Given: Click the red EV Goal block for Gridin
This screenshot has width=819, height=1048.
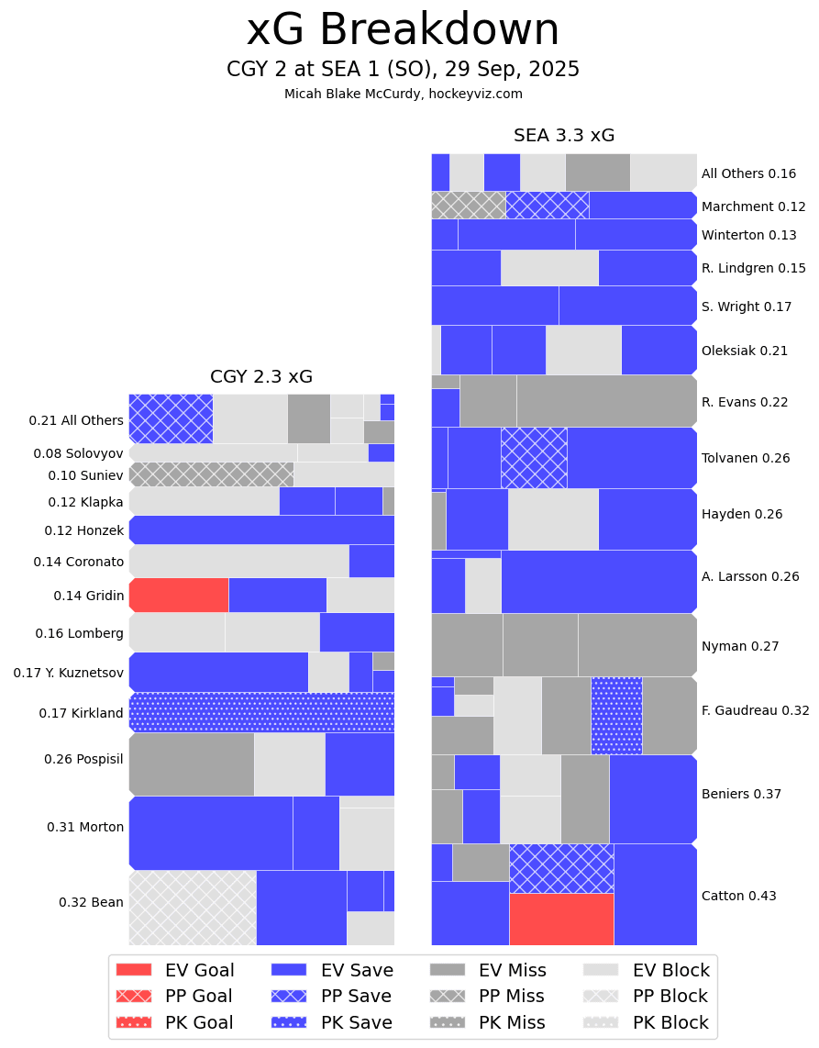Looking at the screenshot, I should click(x=179, y=595).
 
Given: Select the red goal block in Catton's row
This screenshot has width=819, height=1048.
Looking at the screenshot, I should click(x=561, y=919).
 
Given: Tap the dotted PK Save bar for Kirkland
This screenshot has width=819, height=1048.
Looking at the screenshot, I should click(x=261, y=712).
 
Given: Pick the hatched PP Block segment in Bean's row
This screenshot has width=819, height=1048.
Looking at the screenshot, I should click(x=193, y=908).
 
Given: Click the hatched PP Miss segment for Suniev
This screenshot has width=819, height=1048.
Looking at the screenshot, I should click(x=211, y=474).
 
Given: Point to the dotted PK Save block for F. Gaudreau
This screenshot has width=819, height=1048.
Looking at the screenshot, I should click(x=616, y=715).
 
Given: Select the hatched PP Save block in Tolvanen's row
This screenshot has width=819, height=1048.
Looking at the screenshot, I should click(x=534, y=457).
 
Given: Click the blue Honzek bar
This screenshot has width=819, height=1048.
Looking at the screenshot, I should click(x=261, y=530).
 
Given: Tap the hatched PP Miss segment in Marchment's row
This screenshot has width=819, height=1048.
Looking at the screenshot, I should click(x=468, y=205).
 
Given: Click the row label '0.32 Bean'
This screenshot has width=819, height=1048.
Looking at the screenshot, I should click(x=91, y=902).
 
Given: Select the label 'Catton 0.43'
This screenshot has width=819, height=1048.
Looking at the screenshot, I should click(x=738, y=896).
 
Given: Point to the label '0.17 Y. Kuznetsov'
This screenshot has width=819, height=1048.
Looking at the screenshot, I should click(x=68, y=673).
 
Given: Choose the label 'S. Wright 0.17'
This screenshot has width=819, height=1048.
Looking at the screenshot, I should click(x=746, y=307).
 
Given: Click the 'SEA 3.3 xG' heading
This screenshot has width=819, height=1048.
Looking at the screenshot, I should click(x=564, y=136).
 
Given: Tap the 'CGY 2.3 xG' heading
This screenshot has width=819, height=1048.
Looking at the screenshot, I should click(x=261, y=376).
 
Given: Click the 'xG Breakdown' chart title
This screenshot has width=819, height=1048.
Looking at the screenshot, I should click(x=403, y=30).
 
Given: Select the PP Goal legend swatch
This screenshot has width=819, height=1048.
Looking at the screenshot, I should click(x=134, y=996).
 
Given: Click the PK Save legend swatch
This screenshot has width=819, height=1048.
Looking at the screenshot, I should click(x=290, y=1022).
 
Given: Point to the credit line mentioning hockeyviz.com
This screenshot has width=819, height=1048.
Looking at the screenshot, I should click(x=403, y=94).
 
